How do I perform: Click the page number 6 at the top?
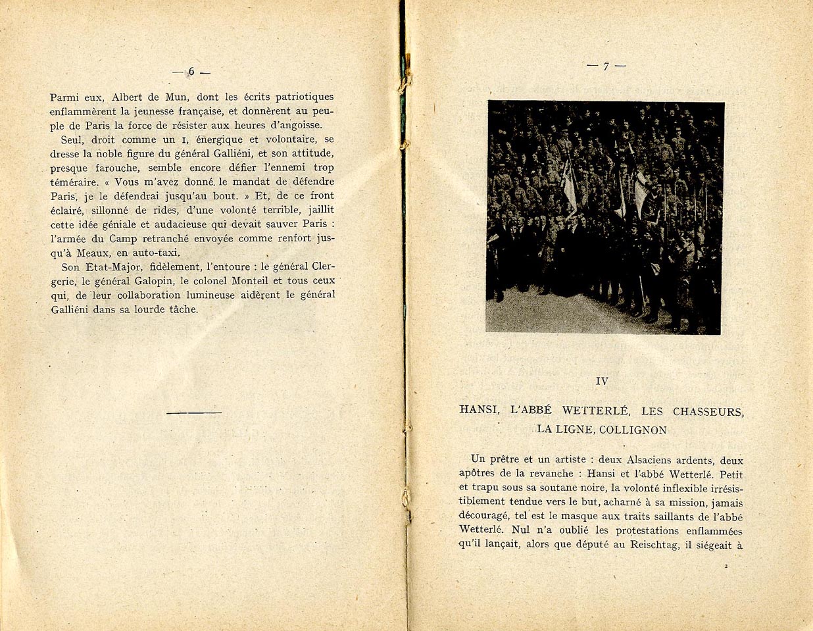191,72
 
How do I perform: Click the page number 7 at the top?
606,66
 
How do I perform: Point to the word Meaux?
94,253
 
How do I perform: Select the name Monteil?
248,281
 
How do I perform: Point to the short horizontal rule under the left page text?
194,413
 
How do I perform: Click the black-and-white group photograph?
604,217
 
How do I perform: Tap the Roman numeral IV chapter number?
601,381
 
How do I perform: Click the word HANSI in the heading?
480,412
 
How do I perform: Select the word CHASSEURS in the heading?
708,412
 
